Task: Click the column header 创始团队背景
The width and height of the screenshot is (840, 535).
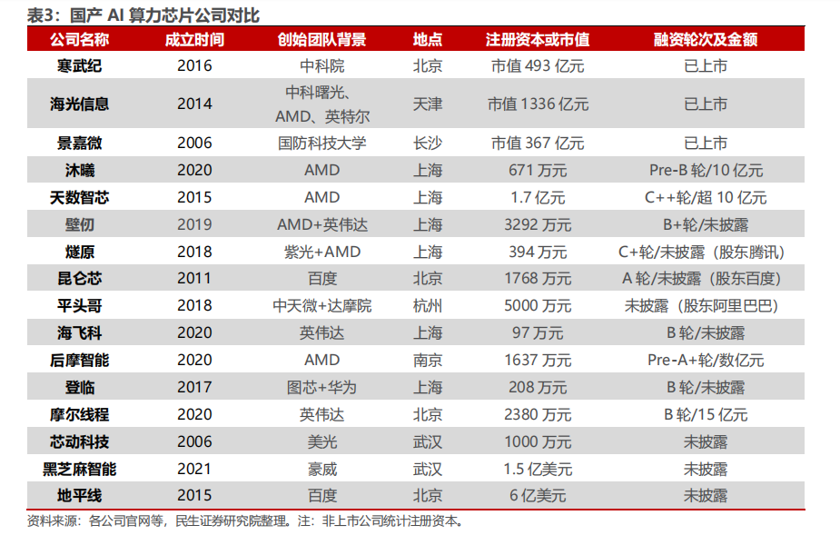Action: [x=321, y=39]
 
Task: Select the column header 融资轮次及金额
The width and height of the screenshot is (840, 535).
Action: [x=705, y=39]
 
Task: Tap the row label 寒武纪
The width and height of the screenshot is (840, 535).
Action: [x=79, y=66]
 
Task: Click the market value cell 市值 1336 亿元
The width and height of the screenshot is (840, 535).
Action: [x=538, y=104]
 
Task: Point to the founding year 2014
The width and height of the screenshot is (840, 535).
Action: [x=194, y=104]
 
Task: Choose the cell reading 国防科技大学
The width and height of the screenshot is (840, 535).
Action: [x=321, y=143]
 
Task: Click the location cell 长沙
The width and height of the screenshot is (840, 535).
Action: [x=428, y=143]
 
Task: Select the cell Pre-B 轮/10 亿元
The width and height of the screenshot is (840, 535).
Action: [x=706, y=170]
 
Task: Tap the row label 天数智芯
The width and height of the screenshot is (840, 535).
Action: [x=79, y=197]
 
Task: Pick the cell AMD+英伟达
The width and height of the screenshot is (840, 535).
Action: [x=322, y=224]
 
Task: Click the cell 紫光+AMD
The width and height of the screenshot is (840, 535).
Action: [x=322, y=252]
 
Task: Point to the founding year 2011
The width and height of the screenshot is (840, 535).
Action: [x=194, y=278]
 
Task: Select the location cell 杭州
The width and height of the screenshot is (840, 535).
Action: [x=428, y=305]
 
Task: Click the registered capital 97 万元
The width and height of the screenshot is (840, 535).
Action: [x=538, y=333]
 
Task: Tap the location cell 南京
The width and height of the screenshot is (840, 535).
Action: [x=428, y=361]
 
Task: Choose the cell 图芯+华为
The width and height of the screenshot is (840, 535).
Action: [x=321, y=387]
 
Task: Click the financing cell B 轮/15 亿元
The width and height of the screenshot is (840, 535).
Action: [x=706, y=414]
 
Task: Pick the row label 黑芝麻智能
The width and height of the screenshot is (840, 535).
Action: [x=79, y=469]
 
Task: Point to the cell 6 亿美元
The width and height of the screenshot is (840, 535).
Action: [x=538, y=495]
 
